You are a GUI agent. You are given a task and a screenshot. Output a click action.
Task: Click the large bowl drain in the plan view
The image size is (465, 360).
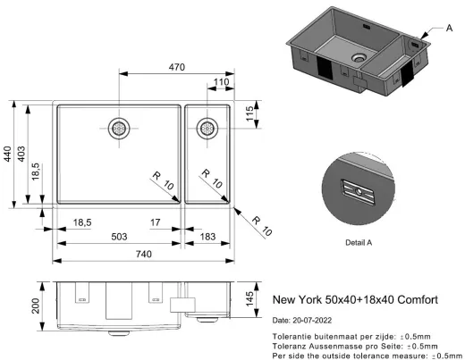[x=119, y=128]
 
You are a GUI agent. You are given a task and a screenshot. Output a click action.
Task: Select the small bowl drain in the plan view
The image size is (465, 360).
[x=207, y=128]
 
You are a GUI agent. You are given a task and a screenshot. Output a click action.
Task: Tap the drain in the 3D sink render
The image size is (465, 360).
[x=359, y=57]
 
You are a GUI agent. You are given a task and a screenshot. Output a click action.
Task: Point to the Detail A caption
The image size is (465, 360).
[x=358, y=242]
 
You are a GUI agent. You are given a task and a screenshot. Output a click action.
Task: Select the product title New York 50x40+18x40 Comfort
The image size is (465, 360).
[x=355, y=300]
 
